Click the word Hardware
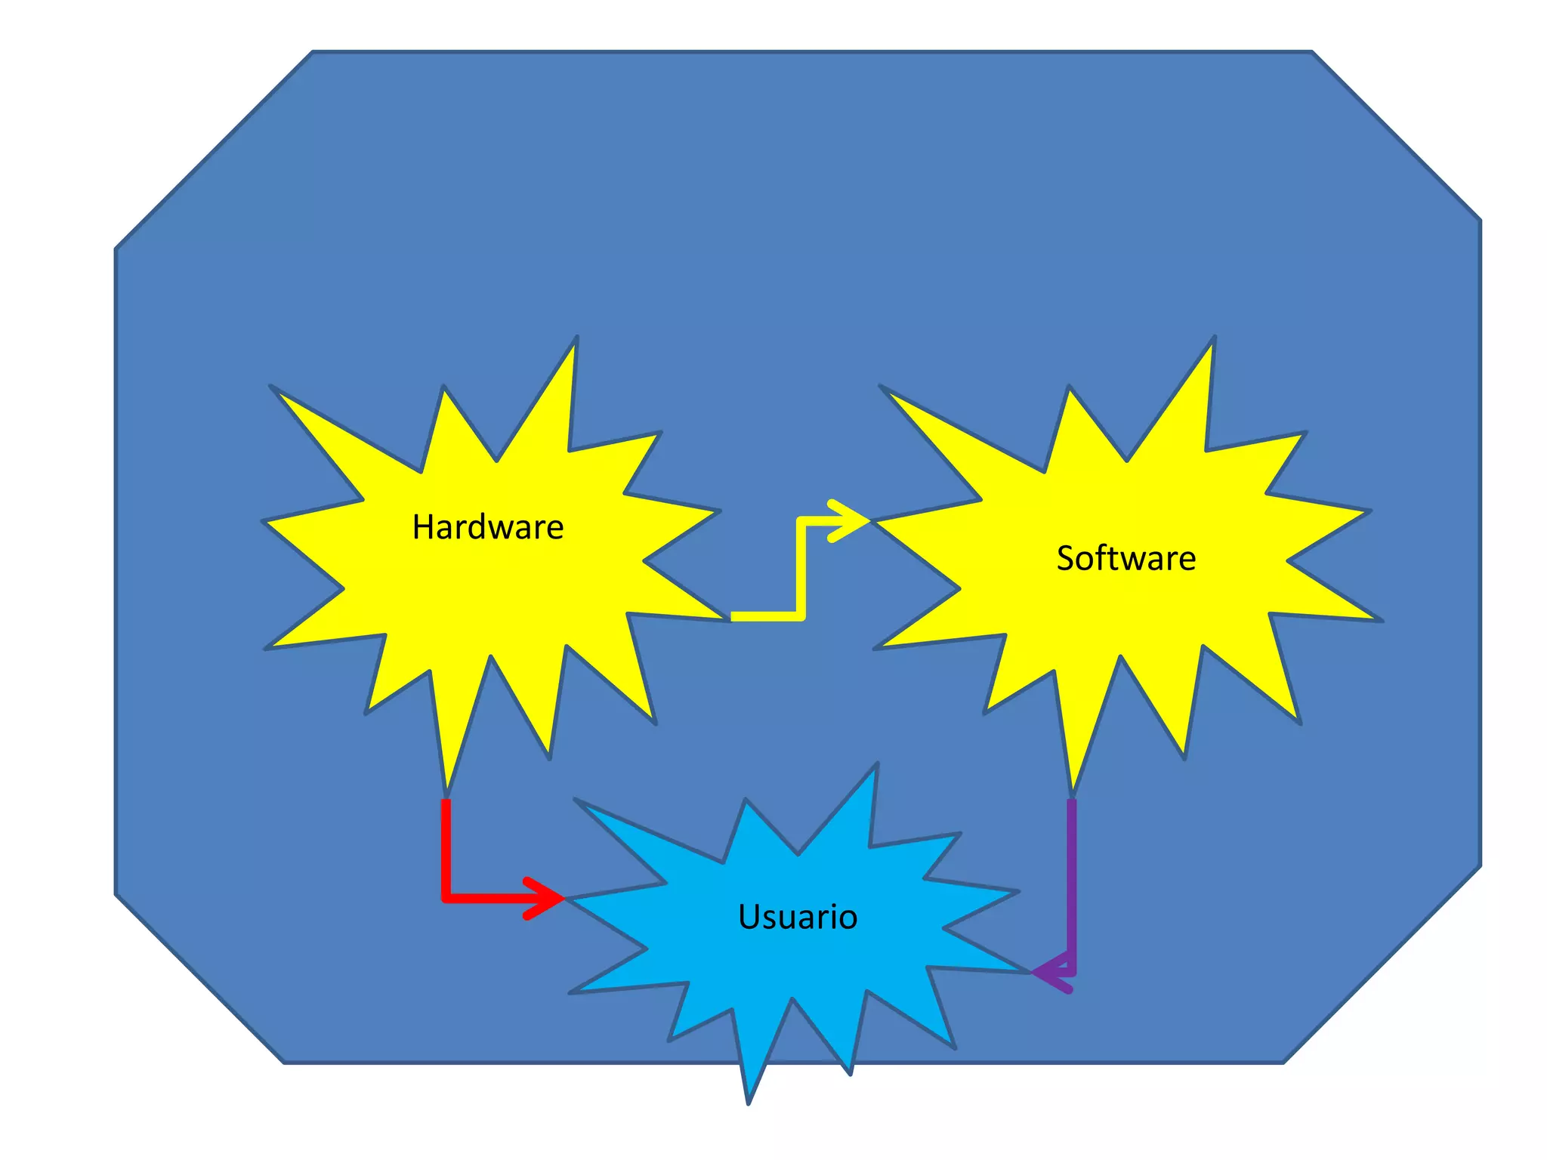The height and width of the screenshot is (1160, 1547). click(x=487, y=527)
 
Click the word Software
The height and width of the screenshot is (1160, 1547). click(x=1126, y=559)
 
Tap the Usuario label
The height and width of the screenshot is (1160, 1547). click(x=798, y=917)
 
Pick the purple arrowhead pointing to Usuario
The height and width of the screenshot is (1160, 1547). click(x=1050, y=973)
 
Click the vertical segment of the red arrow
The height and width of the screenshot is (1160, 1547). click(x=446, y=846)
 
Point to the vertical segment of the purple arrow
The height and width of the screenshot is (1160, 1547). click(x=1071, y=884)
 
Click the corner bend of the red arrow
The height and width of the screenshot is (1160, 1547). click(x=446, y=897)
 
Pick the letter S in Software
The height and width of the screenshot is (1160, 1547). click(x=1065, y=559)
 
